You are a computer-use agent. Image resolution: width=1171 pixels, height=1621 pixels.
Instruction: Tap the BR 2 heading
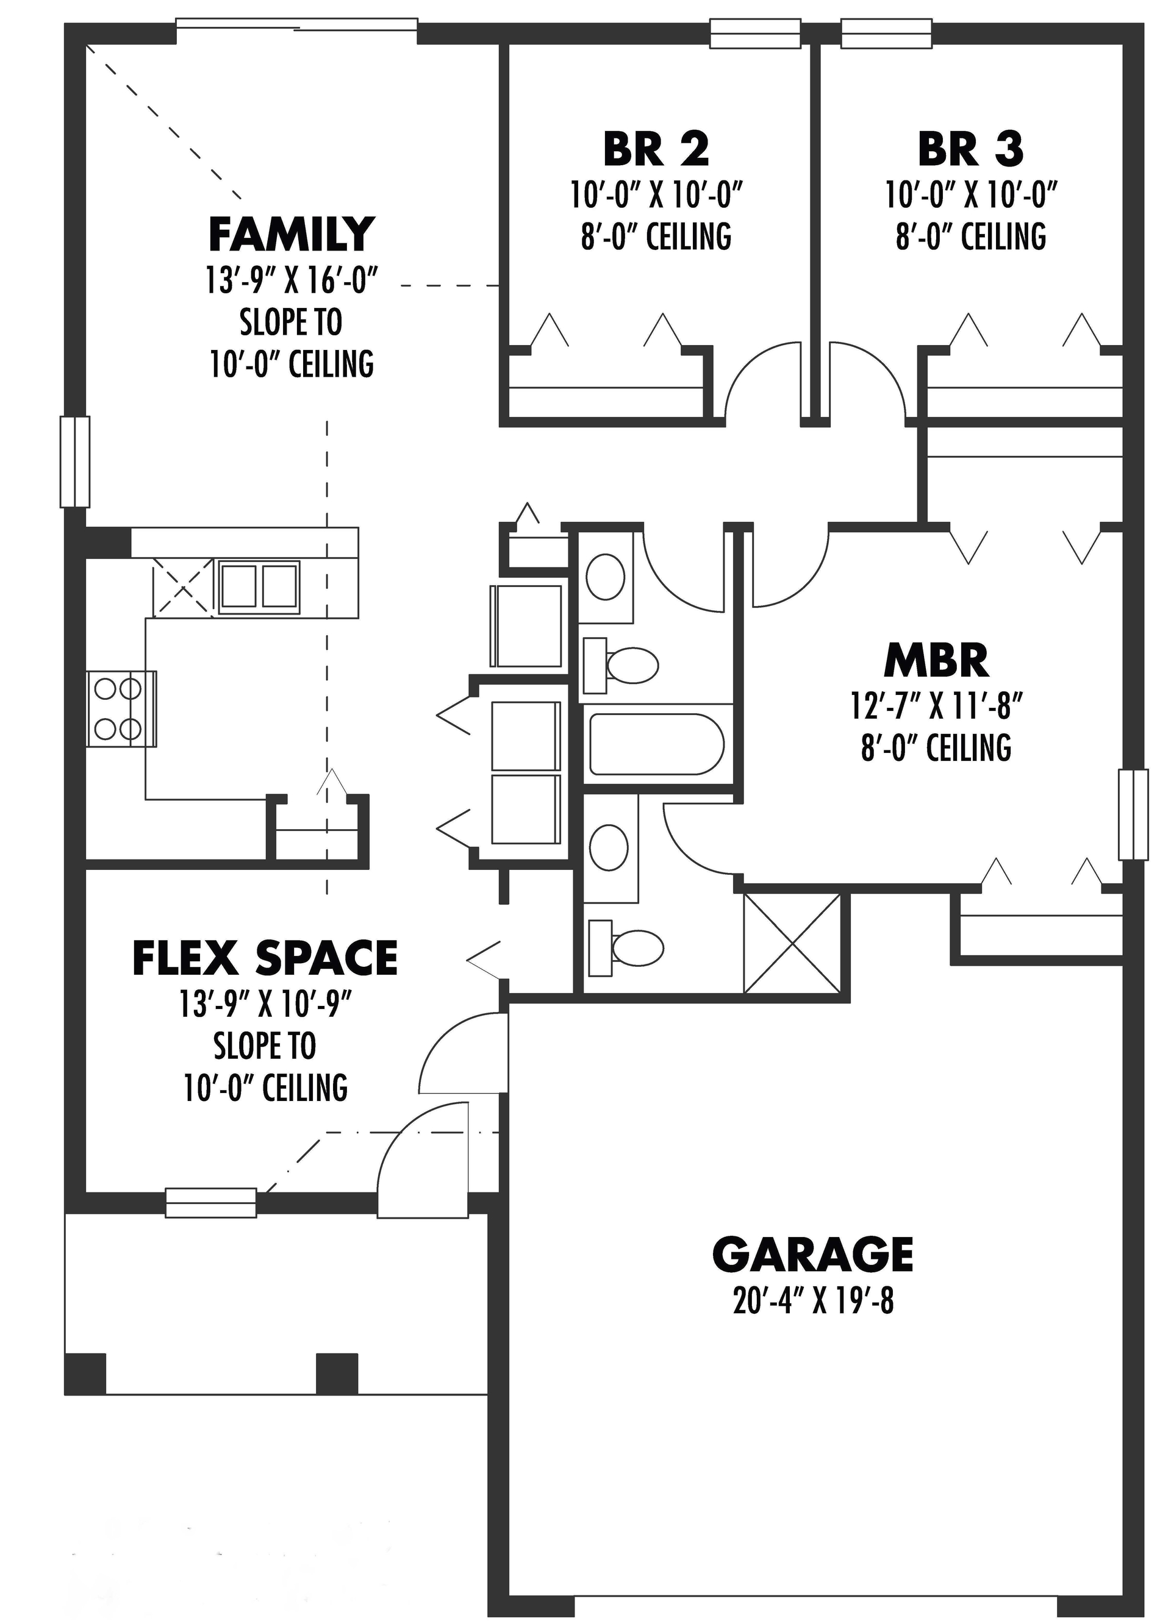(656, 149)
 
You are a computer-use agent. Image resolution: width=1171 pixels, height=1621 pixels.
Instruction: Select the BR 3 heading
(970, 149)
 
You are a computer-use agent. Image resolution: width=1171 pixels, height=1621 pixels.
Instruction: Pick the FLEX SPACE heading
(265, 958)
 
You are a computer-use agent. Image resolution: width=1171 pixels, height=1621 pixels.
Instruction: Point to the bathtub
(656, 744)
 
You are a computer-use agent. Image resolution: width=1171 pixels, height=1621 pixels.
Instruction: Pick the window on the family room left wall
(74, 461)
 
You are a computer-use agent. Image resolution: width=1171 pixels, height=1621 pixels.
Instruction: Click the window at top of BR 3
(886, 34)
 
